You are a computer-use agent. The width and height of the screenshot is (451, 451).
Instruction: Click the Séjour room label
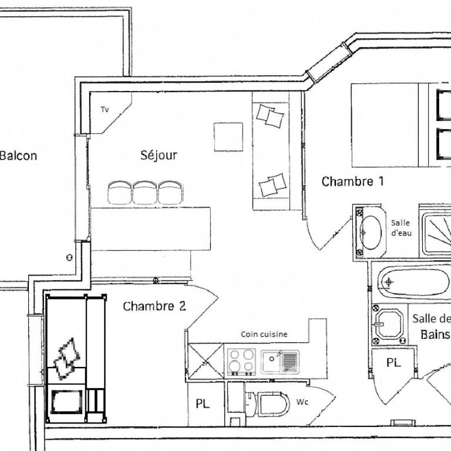(x=159, y=155)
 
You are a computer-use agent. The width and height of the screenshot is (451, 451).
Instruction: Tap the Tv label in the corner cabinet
(x=105, y=110)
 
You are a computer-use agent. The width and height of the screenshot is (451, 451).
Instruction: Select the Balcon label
(x=18, y=156)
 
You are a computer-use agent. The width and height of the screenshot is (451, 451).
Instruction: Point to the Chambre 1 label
(x=352, y=181)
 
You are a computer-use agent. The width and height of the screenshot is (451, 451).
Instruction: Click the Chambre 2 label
(x=154, y=306)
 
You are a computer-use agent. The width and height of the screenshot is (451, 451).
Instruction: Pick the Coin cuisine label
(x=264, y=334)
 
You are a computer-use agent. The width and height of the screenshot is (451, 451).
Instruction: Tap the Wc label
(x=302, y=402)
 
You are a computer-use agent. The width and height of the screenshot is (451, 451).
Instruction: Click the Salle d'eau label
(x=401, y=228)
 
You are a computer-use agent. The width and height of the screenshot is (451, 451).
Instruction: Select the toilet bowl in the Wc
(x=272, y=404)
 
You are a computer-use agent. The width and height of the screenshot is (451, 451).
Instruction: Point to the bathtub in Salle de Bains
(x=413, y=282)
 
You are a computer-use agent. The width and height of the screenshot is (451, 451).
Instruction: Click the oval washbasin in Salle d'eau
(x=371, y=233)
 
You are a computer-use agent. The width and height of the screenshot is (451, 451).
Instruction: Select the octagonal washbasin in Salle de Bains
(x=389, y=324)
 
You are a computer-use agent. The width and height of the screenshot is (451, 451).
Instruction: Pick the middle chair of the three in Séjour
(x=145, y=193)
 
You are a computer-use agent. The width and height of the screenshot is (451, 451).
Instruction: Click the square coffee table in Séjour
(x=228, y=137)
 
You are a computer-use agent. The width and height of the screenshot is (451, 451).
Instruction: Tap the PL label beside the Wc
(x=203, y=404)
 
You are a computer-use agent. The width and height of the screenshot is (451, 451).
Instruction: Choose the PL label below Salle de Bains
(x=393, y=363)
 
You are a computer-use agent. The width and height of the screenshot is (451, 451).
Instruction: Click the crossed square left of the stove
(x=206, y=361)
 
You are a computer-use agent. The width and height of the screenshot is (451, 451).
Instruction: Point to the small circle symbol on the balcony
(x=69, y=257)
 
